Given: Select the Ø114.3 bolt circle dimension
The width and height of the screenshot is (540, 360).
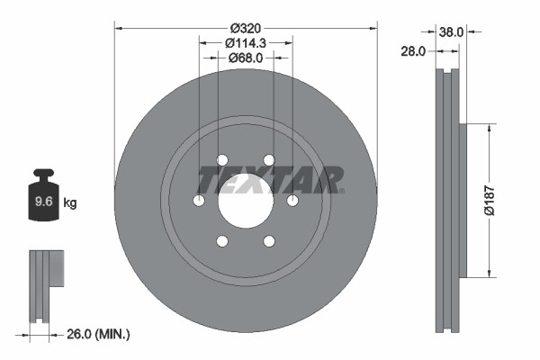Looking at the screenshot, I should (245, 41).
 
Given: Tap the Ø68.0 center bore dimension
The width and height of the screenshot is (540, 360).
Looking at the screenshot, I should (245, 58).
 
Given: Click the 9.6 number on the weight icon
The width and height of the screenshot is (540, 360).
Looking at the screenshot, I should (42, 202).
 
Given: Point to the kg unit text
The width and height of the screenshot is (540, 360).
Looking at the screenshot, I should (70, 203).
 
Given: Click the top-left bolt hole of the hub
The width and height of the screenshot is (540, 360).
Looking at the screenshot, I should (221, 160).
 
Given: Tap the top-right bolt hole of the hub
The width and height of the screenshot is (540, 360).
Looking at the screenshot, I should (268, 160).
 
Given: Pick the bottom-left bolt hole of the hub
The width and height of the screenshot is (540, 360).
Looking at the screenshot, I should (221, 241).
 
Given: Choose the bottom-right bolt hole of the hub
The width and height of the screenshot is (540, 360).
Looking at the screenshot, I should (268, 241).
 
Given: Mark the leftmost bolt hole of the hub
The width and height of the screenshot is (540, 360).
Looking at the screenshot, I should (198, 201).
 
